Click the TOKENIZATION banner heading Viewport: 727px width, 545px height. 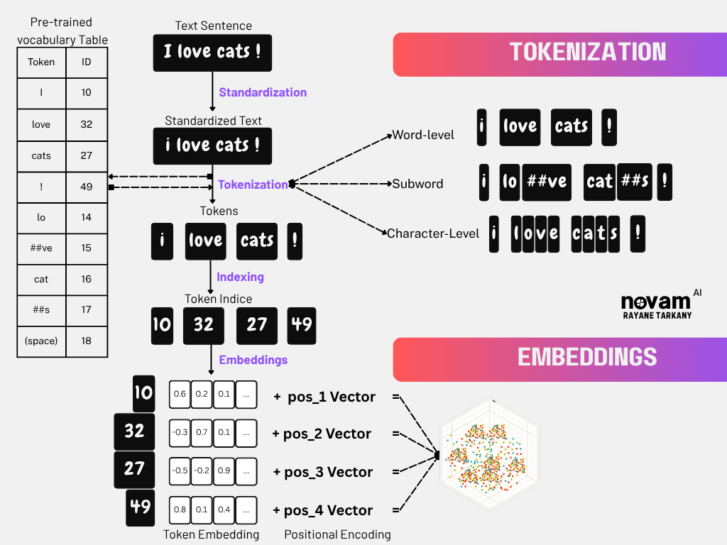click(x=588, y=53)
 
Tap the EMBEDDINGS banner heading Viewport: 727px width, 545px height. click(x=587, y=357)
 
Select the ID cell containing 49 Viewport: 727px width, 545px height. click(x=86, y=187)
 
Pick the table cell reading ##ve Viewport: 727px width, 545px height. click(x=41, y=248)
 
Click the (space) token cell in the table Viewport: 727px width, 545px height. click(x=41, y=341)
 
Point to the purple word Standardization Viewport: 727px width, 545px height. click(x=263, y=92)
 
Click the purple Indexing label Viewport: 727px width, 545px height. click(x=240, y=277)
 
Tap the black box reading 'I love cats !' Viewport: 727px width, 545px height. click(x=213, y=53)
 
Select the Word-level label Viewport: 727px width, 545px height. click(x=423, y=135)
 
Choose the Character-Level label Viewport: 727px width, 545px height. click(x=433, y=233)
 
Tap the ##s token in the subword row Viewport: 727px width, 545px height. click(x=635, y=182)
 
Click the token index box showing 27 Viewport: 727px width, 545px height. click(x=256, y=325)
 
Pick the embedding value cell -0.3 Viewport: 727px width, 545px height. click(x=180, y=432)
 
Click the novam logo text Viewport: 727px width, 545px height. click(x=655, y=302)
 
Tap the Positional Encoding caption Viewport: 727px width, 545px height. click(x=337, y=534)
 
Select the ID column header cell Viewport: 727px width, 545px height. click(x=86, y=62)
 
